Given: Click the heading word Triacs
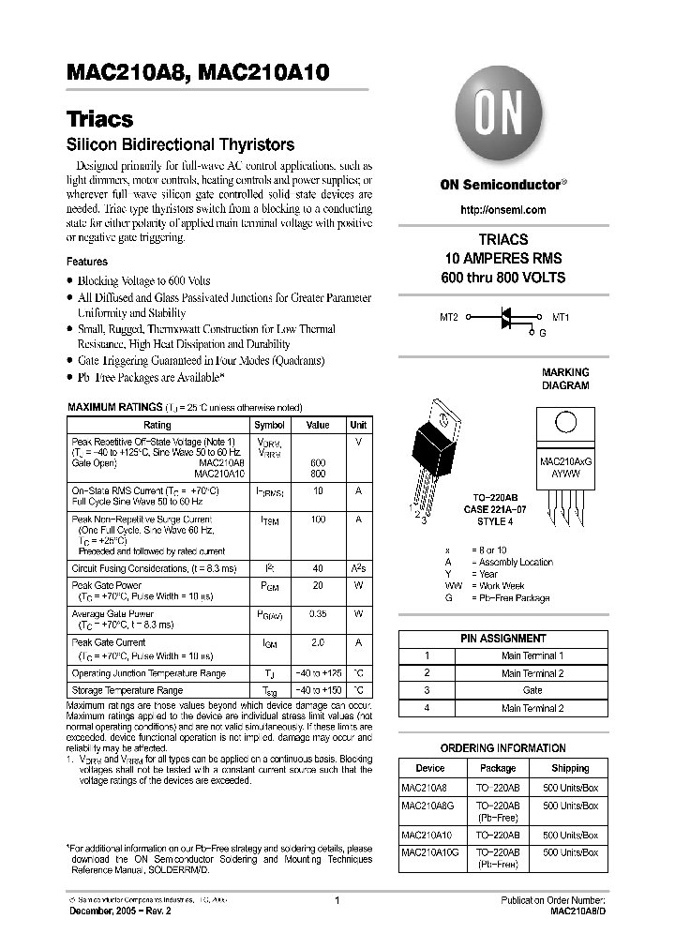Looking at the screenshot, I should (99, 120).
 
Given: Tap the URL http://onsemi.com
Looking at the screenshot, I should (503, 210).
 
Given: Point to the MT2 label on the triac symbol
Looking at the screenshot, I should (449, 318).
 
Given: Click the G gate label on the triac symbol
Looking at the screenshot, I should (541, 332).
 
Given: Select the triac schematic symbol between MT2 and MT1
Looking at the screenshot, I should (505, 318).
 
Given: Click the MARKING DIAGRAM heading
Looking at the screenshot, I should (565, 379).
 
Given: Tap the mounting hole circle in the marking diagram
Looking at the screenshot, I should (565, 422).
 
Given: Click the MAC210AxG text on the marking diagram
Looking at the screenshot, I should (565, 463).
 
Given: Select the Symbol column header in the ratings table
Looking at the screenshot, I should (269, 425).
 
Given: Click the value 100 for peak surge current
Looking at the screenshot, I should (318, 519).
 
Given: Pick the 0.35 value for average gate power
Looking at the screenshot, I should (318, 614).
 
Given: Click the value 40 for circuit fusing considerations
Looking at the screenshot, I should (318, 568).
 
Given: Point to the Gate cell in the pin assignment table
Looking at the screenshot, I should (532, 690).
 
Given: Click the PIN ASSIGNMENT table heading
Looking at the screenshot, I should (503, 638).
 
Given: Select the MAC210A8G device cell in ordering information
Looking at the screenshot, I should (427, 806).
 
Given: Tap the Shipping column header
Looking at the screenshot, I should (570, 768).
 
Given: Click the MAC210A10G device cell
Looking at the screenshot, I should (428, 852).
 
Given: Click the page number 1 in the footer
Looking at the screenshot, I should (336, 900).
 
